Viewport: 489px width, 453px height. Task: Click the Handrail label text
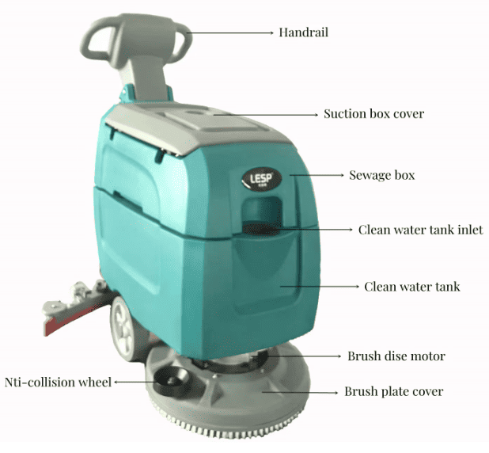(x=303, y=32)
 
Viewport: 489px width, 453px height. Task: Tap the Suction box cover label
(x=373, y=113)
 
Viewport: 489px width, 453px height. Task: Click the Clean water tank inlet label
(x=420, y=230)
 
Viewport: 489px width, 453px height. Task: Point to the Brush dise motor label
(x=396, y=356)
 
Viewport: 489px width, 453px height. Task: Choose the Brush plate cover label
(x=393, y=391)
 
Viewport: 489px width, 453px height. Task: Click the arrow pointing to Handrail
(x=229, y=32)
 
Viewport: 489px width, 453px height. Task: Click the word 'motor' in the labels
(x=428, y=356)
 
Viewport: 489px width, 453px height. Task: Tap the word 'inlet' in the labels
(x=466, y=230)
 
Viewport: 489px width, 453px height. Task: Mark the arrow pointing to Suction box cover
(x=265, y=113)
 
